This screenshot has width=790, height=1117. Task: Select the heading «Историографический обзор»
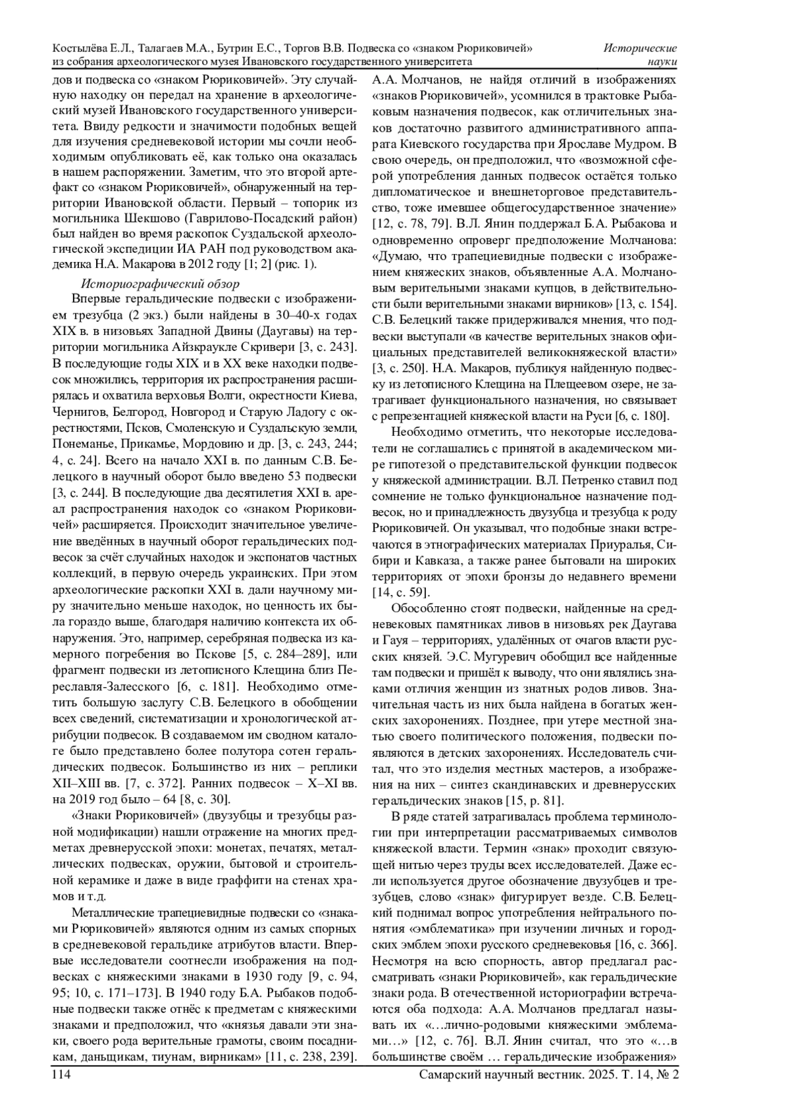point(159,284)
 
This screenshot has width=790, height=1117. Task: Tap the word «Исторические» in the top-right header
point(641,48)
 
